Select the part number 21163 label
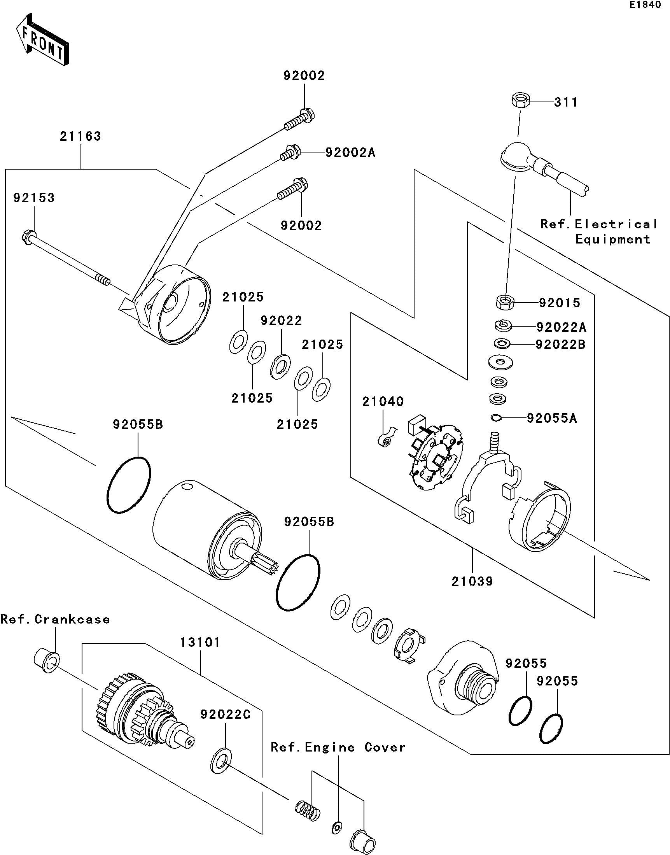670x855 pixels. pos(80,137)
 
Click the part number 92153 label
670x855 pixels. pos(34,198)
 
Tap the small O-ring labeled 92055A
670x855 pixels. pos(496,418)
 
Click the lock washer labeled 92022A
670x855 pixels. pos(502,325)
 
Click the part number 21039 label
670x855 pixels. pos(472,582)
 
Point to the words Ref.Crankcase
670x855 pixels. pos(55,620)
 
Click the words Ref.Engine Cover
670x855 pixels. pos(338,748)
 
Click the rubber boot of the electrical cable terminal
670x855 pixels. pos(517,157)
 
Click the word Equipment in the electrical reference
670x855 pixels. pos(613,239)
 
